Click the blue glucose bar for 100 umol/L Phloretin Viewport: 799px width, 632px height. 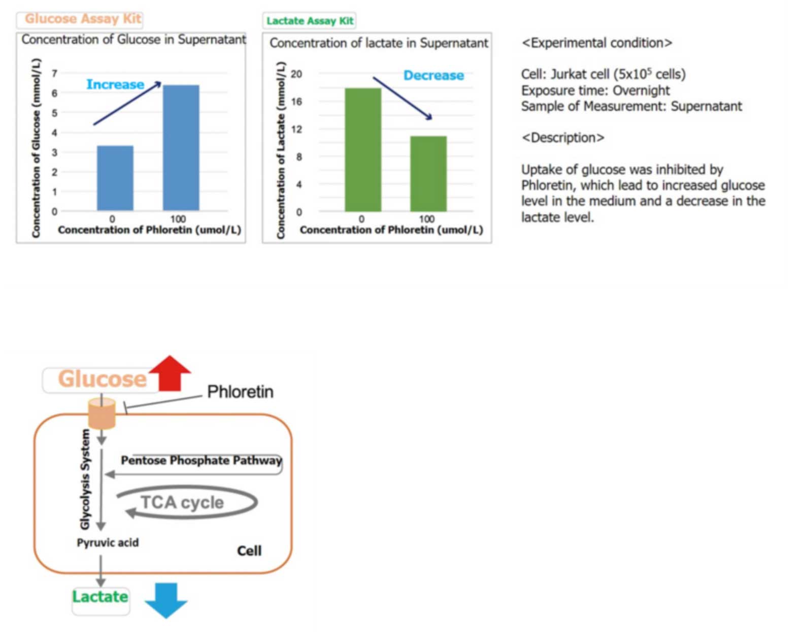click(x=181, y=148)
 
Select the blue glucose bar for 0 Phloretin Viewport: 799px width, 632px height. click(x=115, y=178)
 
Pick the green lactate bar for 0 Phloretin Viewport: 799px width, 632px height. click(x=363, y=150)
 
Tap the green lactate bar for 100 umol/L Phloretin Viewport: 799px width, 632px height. click(x=428, y=174)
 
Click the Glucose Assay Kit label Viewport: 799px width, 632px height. click(x=83, y=19)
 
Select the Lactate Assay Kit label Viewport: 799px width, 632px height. click(x=310, y=21)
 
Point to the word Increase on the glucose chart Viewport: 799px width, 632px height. click(x=115, y=84)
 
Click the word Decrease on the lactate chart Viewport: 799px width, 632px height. click(x=434, y=75)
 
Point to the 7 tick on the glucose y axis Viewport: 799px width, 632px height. click(x=55, y=73)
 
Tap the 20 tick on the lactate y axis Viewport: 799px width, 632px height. click(x=296, y=74)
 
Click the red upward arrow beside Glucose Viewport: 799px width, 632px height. click(x=170, y=373)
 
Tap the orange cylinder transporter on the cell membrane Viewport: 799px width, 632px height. click(x=102, y=413)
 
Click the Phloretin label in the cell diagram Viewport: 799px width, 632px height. click(x=240, y=392)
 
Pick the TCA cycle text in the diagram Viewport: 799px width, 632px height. click(x=182, y=502)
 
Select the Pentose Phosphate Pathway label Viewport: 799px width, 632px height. click(x=201, y=461)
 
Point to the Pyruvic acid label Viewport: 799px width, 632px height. click(x=108, y=543)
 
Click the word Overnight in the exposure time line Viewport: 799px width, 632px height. click(x=641, y=90)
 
